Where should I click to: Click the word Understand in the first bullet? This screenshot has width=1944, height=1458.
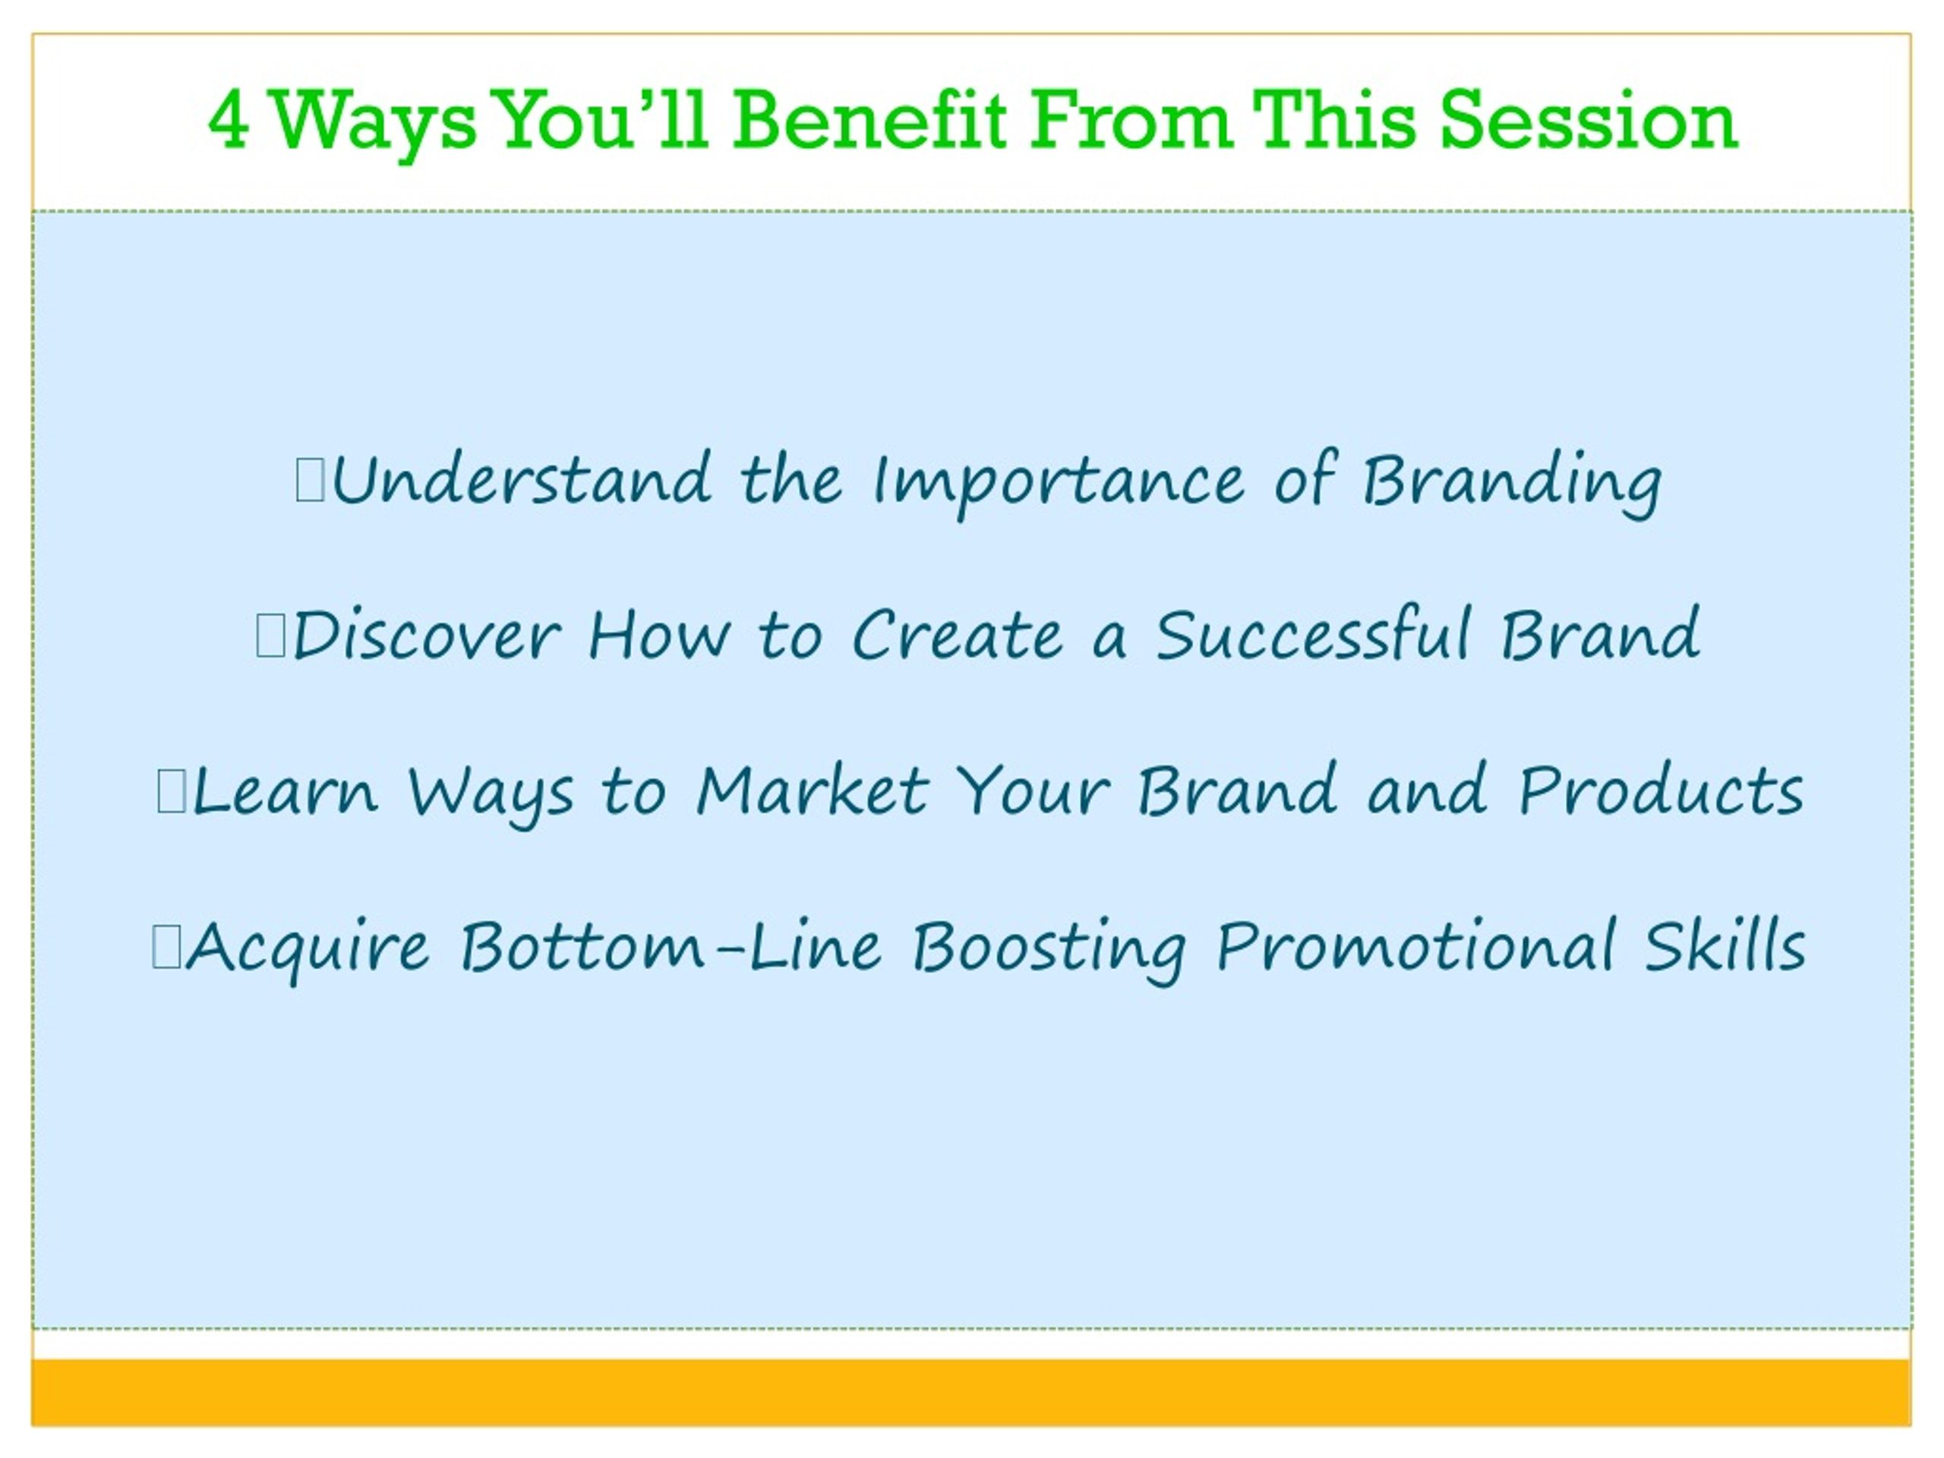521,480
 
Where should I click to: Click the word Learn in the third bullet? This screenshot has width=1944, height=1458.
285,790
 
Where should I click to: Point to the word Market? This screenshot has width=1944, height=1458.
812,790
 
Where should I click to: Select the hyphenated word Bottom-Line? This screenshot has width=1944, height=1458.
671,945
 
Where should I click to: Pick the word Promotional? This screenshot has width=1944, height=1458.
1415,945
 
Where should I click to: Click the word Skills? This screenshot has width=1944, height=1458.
1725,945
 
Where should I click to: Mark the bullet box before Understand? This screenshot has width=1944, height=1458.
311,482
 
